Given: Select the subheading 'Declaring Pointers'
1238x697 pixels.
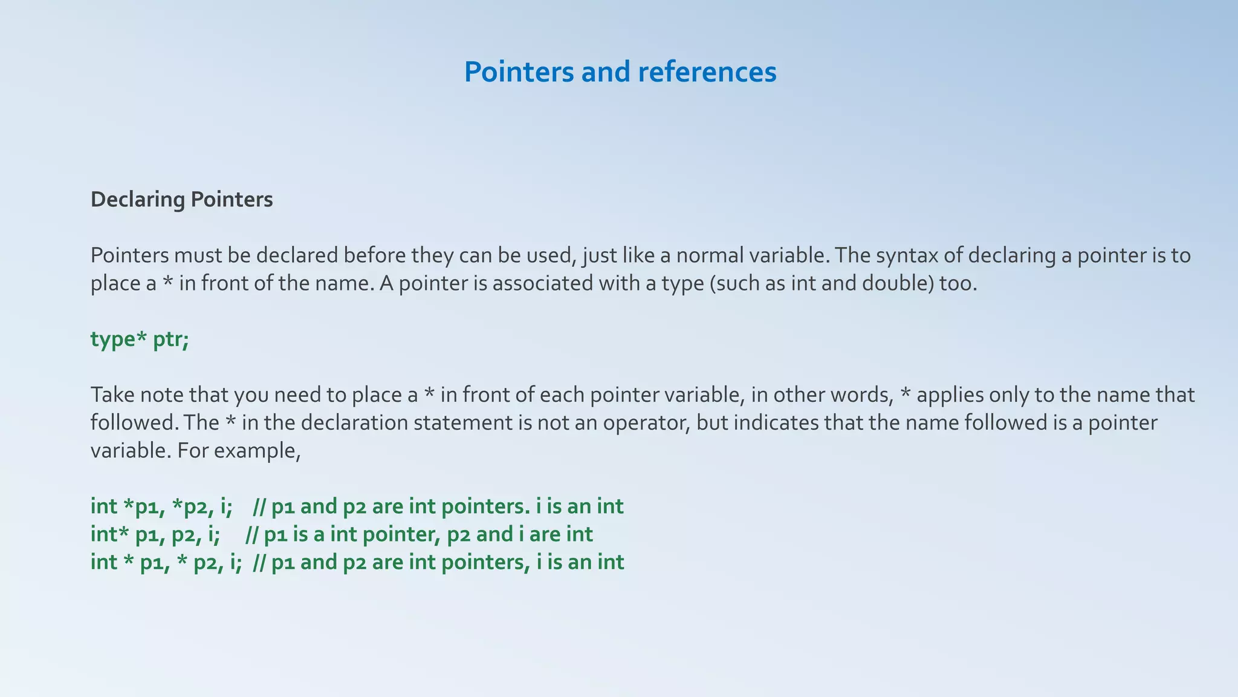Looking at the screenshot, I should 181,199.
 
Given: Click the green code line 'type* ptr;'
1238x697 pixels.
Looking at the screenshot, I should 140,339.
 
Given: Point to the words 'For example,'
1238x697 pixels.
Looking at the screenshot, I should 239,450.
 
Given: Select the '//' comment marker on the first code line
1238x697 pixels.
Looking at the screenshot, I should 259,506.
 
